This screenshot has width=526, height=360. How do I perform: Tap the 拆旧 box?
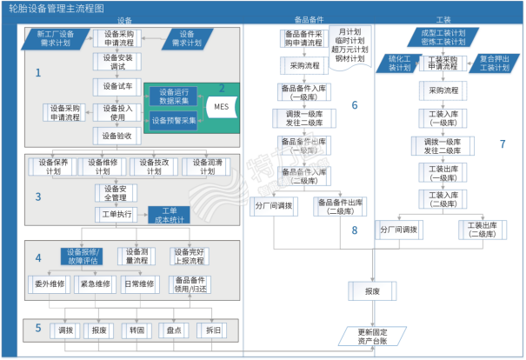(x=214, y=330)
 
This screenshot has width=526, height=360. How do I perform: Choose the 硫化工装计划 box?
(x=403, y=62)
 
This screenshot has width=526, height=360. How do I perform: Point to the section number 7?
(x=503, y=143)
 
